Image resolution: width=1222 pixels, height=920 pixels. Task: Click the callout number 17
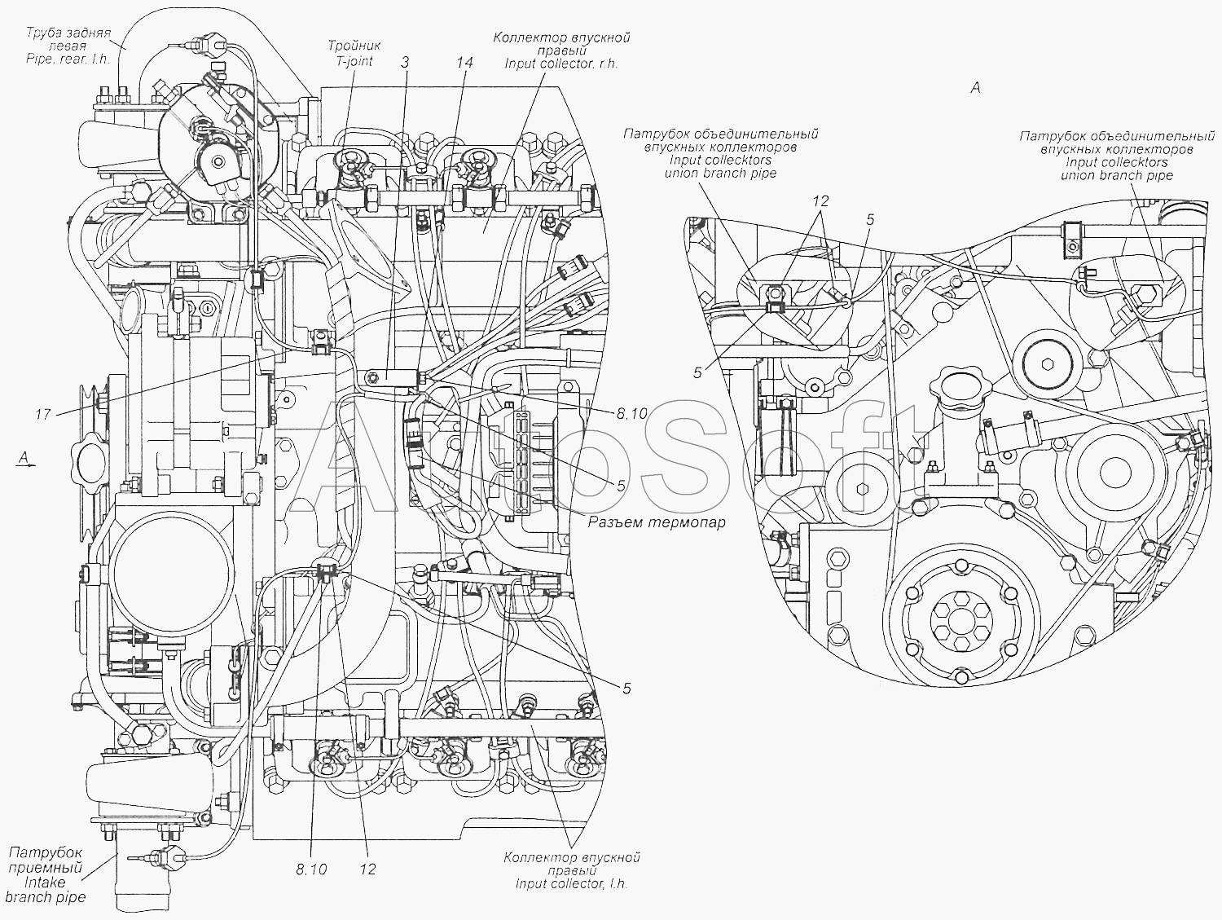click(x=43, y=415)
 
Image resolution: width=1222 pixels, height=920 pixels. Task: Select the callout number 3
click(x=405, y=63)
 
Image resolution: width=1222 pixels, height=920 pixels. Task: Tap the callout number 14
click(x=464, y=63)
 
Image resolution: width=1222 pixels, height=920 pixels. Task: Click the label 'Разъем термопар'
click(x=657, y=523)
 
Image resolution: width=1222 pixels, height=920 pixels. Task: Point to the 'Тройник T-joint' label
click(x=354, y=53)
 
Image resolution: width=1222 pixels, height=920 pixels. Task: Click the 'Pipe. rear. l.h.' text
click(x=68, y=59)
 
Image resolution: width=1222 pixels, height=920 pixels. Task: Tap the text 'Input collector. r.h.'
click(x=561, y=64)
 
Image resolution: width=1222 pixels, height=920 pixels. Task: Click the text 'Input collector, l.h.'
click(x=572, y=884)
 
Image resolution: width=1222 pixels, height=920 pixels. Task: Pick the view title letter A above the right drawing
click(x=975, y=88)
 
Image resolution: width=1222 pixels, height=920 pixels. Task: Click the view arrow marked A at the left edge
click(x=24, y=459)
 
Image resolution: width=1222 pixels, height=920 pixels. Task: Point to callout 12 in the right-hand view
click(x=820, y=201)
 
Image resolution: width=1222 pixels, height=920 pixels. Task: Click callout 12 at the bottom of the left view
click(x=368, y=869)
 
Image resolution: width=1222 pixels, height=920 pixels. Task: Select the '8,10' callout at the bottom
click(x=311, y=869)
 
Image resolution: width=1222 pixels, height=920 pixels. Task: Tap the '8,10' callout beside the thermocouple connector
click(x=632, y=413)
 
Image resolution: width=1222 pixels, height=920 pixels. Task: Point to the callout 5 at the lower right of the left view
click(x=626, y=689)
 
